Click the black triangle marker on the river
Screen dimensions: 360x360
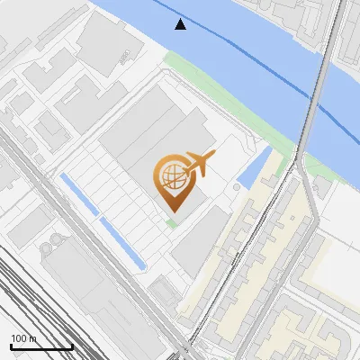pos(181,24)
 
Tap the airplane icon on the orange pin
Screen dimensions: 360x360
pos(199,164)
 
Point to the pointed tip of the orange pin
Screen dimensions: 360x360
pos(171,211)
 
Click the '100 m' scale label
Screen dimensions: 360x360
pos(24,338)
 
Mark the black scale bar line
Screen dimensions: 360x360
pos(40,346)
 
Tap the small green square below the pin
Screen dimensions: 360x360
pos(171,221)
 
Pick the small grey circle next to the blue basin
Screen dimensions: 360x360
pos(237,187)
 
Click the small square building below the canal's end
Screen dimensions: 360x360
pos(164,290)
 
